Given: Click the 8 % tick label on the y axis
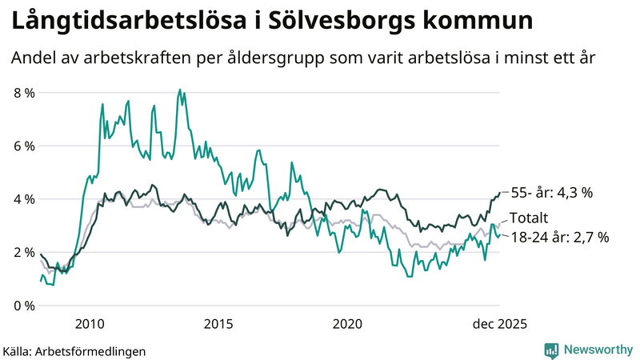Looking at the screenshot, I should [24, 93].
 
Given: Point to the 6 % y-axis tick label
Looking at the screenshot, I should [24, 146].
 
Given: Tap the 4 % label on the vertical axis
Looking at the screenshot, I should [24, 199].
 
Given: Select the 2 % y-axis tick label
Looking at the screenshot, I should [24, 253].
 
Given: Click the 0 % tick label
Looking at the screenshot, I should [24, 306].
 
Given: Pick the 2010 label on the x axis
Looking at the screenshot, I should [89, 324].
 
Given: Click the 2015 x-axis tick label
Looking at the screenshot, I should [218, 324].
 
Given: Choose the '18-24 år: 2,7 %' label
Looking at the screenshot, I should [560, 237].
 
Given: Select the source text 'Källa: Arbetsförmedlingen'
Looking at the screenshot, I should [74, 350].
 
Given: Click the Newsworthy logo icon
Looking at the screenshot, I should [551, 350].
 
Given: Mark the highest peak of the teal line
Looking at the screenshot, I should [179, 90].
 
